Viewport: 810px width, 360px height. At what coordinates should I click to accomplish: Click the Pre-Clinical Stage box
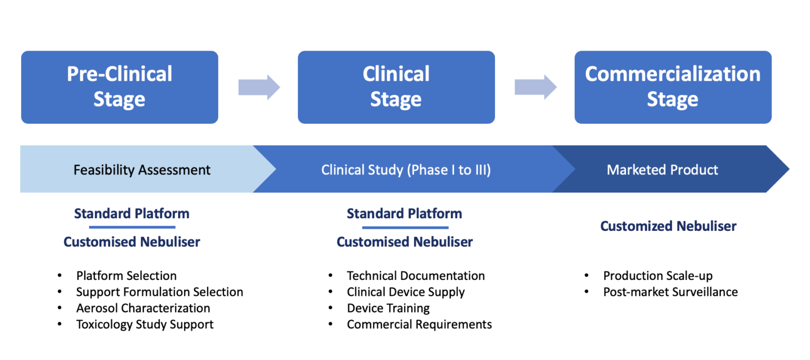coord(119,87)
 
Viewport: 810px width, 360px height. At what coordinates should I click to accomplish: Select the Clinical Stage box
coord(396,87)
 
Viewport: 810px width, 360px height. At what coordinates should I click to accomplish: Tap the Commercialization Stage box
coord(672,87)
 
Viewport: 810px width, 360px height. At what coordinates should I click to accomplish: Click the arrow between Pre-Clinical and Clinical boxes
coord(258,87)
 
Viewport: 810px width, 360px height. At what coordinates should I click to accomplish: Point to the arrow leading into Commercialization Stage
coord(535,87)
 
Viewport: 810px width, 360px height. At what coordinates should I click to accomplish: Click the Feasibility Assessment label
coord(142,170)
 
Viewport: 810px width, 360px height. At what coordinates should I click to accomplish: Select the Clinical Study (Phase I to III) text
coord(406,170)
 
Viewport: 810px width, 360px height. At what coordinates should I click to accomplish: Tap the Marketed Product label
coord(662,170)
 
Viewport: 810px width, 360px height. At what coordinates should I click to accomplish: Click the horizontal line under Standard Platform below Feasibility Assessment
coord(132,227)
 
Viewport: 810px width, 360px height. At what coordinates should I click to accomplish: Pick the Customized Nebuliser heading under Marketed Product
coord(668,226)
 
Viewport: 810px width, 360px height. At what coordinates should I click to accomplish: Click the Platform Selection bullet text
coord(126,276)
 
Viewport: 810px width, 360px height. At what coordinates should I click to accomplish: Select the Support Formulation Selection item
coord(159,292)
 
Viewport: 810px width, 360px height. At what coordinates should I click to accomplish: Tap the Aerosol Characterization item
coord(143,308)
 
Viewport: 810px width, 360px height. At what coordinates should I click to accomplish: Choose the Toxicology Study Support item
coord(144,324)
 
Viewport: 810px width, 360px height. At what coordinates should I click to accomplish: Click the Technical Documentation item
coord(416,276)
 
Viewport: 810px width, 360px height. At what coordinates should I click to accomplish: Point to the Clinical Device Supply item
coord(406,292)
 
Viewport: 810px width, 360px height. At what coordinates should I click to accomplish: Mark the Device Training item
coord(388,308)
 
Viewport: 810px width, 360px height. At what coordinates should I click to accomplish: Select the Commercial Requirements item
coord(419,324)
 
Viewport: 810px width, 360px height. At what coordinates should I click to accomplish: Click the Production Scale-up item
coord(658,276)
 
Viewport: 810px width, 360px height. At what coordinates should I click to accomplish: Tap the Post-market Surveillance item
coord(670,292)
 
